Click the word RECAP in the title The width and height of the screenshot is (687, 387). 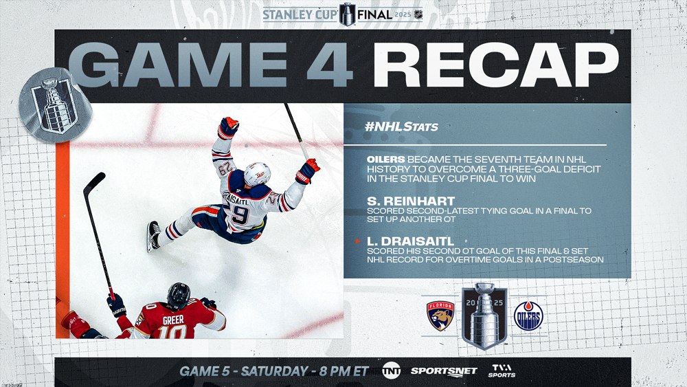(495, 65)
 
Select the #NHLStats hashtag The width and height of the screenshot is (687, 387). (401, 126)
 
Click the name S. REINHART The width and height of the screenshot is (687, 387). (411, 201)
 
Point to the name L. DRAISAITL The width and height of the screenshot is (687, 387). (411, 241)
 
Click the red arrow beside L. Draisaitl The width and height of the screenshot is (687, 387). (358, 241)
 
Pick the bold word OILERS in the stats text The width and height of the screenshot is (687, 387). (385, 159)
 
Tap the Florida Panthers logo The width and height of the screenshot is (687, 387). (440, 316)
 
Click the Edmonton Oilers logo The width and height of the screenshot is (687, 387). (528, 316)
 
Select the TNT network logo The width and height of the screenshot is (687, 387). (391, 371)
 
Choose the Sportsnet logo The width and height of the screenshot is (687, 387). (443, 371)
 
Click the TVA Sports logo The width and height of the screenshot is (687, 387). (502, 371)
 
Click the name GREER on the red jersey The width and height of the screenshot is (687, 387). (174, 320)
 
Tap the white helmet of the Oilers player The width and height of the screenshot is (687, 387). (257, 175)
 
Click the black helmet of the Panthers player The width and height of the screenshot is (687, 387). (179, 295)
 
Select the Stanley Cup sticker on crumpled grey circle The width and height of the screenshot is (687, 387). (56, 105)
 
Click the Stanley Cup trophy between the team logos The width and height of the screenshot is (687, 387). (484, 316)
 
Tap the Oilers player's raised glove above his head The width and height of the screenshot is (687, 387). (228, 128)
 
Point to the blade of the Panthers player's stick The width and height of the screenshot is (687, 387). (93, 182)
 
